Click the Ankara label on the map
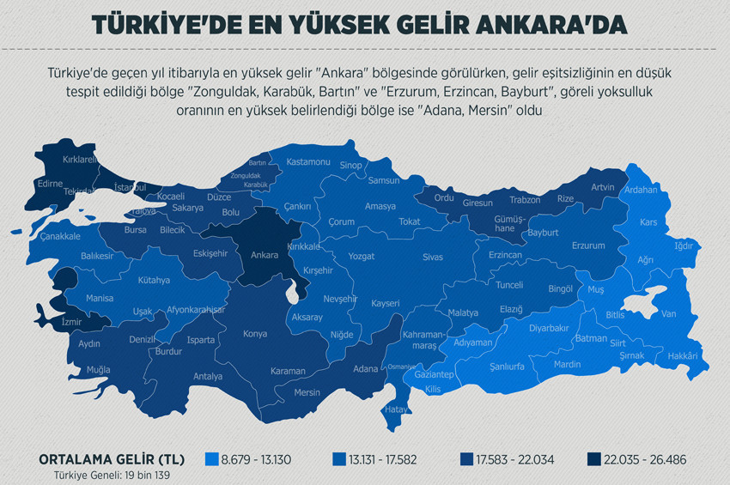tap(264, 255)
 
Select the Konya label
tap(255, 334)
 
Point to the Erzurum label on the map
tap(588, 246)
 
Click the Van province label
tap(669, 314)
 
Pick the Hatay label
tap(396, 409)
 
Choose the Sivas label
tap(432, 257)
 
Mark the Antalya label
tap(208, 376)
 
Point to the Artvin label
tap(603, 187)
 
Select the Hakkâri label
tap(683, 355)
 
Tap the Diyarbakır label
tap(548, 328)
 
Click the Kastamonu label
tap(307, 161)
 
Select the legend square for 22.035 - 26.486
tap(593, 459)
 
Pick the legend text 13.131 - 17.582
tap(383, 459)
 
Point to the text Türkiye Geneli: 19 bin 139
tap(106, 474)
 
